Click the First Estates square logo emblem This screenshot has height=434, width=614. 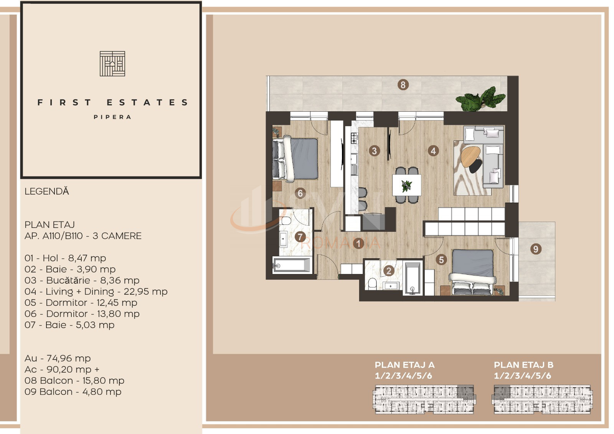[x=112, y=64]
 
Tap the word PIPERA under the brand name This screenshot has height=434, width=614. [x=112, y=117]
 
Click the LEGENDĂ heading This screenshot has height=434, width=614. [x=46, y=191]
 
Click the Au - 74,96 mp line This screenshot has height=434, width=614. [x=58, y=358]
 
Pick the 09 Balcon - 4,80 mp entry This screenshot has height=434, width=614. [x=73, y=392]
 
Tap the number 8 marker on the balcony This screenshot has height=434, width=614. [x=403, y=85]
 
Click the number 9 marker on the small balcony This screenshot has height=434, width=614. [x=536, y=249]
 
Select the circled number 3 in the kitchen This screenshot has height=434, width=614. [x=375, y=150]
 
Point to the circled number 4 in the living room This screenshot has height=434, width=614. [x=433, y=150]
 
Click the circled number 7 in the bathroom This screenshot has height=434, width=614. [x=300, y=237]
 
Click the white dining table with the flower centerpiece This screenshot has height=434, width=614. [x=407, y=185]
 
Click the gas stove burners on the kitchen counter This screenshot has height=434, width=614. [x=354, y=138]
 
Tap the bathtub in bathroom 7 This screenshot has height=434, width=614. [x=292, y=265]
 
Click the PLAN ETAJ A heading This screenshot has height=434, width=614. [x=404, y=365]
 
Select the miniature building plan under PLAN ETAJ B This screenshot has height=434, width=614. [x=543, y=399]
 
